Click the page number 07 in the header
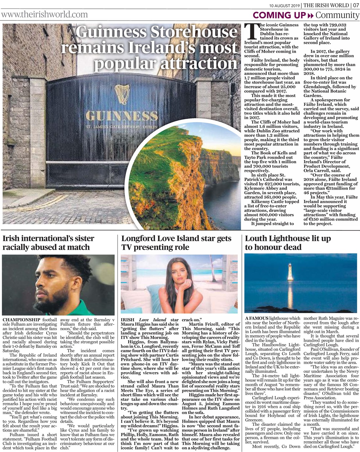(355, 5)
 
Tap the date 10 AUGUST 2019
(284, 5)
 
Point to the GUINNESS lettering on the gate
(117, 116)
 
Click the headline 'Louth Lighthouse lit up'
(288, 239)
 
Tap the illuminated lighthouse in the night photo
(290, 272)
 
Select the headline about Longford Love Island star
(176, 243)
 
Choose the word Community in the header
(337, 15)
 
